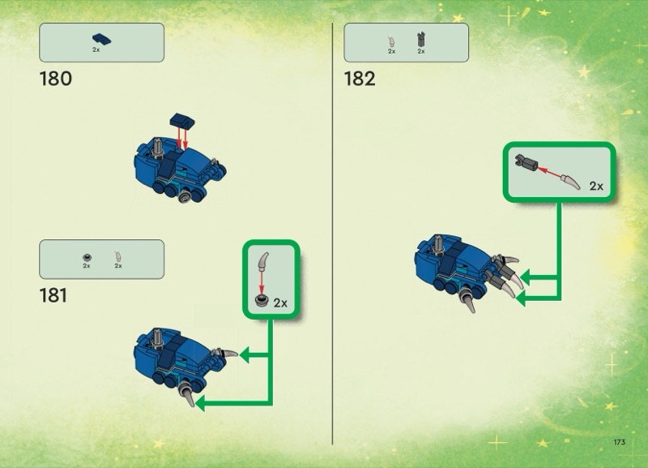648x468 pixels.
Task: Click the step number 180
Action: pos(55,79)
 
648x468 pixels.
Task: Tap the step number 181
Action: pos(53,295)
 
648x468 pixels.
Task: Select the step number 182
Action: pos(360,79)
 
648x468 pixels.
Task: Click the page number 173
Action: pos(619,442)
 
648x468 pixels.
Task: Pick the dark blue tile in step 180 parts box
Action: pos(102,40)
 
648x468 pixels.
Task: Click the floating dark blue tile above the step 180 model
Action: pos(182,120)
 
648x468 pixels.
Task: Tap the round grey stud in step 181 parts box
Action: pos(87,257)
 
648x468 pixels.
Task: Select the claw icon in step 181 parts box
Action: pos(118,256)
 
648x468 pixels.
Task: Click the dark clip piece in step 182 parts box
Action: pos(420,40)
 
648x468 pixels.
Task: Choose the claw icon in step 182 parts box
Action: pos(391,41)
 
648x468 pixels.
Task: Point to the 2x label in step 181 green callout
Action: pos(280,303)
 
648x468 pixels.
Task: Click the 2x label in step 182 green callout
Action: pos(596,187)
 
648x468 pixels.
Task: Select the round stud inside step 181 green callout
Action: pos(261,300)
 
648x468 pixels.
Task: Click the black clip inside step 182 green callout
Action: pos(526,162)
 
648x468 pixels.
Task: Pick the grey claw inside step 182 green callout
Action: pos(571,182)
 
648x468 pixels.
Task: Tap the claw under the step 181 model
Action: pos(187,394)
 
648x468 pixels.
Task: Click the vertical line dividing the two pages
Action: pos(332,234)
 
